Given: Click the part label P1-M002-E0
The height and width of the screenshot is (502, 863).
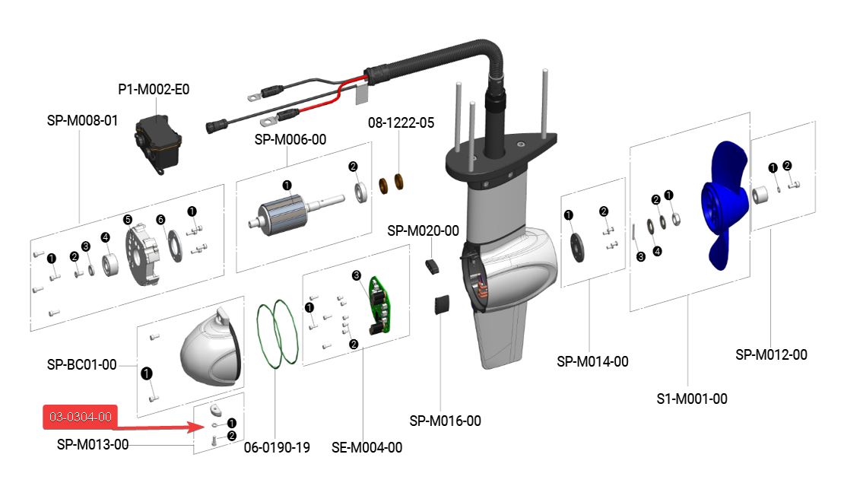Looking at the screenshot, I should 154,89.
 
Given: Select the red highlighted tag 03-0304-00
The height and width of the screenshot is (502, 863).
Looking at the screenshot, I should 81,417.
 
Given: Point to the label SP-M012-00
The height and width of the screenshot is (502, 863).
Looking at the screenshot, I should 771,354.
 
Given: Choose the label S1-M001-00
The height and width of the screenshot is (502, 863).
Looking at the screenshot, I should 691,399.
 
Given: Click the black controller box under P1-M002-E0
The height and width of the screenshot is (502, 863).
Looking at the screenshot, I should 158,142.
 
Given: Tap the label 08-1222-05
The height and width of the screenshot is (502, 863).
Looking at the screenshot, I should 401,122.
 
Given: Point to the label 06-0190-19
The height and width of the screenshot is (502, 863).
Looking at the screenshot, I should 277,447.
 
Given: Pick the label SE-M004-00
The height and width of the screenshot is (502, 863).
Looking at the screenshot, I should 366,447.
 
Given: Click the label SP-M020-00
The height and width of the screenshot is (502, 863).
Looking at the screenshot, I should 423,230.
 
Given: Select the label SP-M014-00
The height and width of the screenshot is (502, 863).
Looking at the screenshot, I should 592,361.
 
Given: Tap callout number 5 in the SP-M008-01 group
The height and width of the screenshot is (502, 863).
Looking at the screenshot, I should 128,219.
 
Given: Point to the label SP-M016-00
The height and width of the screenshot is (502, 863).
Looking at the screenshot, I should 445,421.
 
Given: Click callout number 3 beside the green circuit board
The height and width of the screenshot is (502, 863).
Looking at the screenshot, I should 356,275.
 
